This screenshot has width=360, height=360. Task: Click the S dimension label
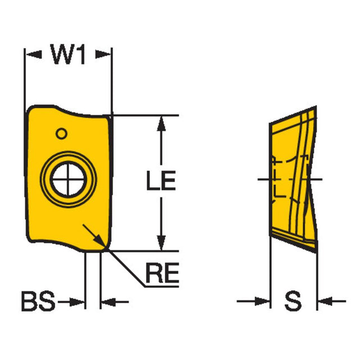click(x=292, y=303)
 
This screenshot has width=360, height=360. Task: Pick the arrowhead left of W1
click(x=33, y=55)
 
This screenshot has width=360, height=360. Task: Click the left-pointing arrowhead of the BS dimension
click(x=108, y=303)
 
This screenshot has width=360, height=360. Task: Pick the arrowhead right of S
click(x=324, y=303)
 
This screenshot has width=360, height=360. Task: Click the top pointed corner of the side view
click(x=316, y=106)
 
